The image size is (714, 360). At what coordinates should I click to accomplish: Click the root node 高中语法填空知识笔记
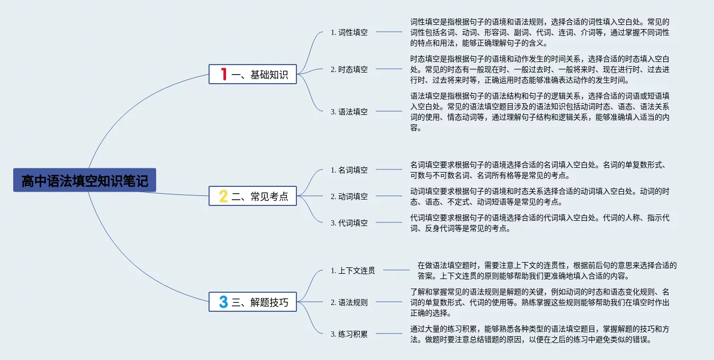pyautogui.click(x=85, y=181)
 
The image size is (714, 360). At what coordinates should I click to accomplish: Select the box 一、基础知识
pyautogui.click(x=252, y=74)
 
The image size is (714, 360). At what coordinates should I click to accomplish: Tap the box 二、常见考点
pyautogui.click(x=252, y=196)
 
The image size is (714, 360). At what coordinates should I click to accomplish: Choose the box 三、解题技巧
pyautogui.click(x=252, y=302)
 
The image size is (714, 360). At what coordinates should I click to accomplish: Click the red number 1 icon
pyautogui.click(x=223, y=74)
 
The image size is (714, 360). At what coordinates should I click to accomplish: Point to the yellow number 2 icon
pyautogui.click(x=223, y=196)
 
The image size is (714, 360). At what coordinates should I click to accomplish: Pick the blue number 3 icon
pyautogui.click(x=223, y=302)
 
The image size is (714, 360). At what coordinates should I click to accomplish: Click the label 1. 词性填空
pyautogui.click(x=349, y=32)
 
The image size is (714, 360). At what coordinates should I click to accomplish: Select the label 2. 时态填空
pyautogui.click(x=349, y=69)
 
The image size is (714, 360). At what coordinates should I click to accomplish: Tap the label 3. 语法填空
pyautogui.click(x=349, y=112)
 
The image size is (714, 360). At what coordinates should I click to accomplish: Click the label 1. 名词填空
pyautogui.click(x=349, y=170)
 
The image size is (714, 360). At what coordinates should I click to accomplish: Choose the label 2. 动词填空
pyautogui.click(x=349, y=196)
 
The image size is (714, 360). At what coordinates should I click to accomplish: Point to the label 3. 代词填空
pyautogui.click(x=349, y=223)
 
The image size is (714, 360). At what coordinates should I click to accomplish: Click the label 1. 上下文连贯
pyautogui.click(x=353, y=271)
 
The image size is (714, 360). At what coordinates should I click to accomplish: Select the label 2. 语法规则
pyautogui.click(x=349, y=302)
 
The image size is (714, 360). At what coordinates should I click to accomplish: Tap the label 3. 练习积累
pyautogui.click(x=349, y=334)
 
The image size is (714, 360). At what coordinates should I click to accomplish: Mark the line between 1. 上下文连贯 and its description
pyautogui.click(x=396, y=271)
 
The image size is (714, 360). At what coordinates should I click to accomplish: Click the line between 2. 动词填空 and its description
pyautogui.click(x=389, y=196)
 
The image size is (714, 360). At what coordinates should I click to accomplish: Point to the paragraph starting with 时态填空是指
pyautogui.click(x=540, y=69)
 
